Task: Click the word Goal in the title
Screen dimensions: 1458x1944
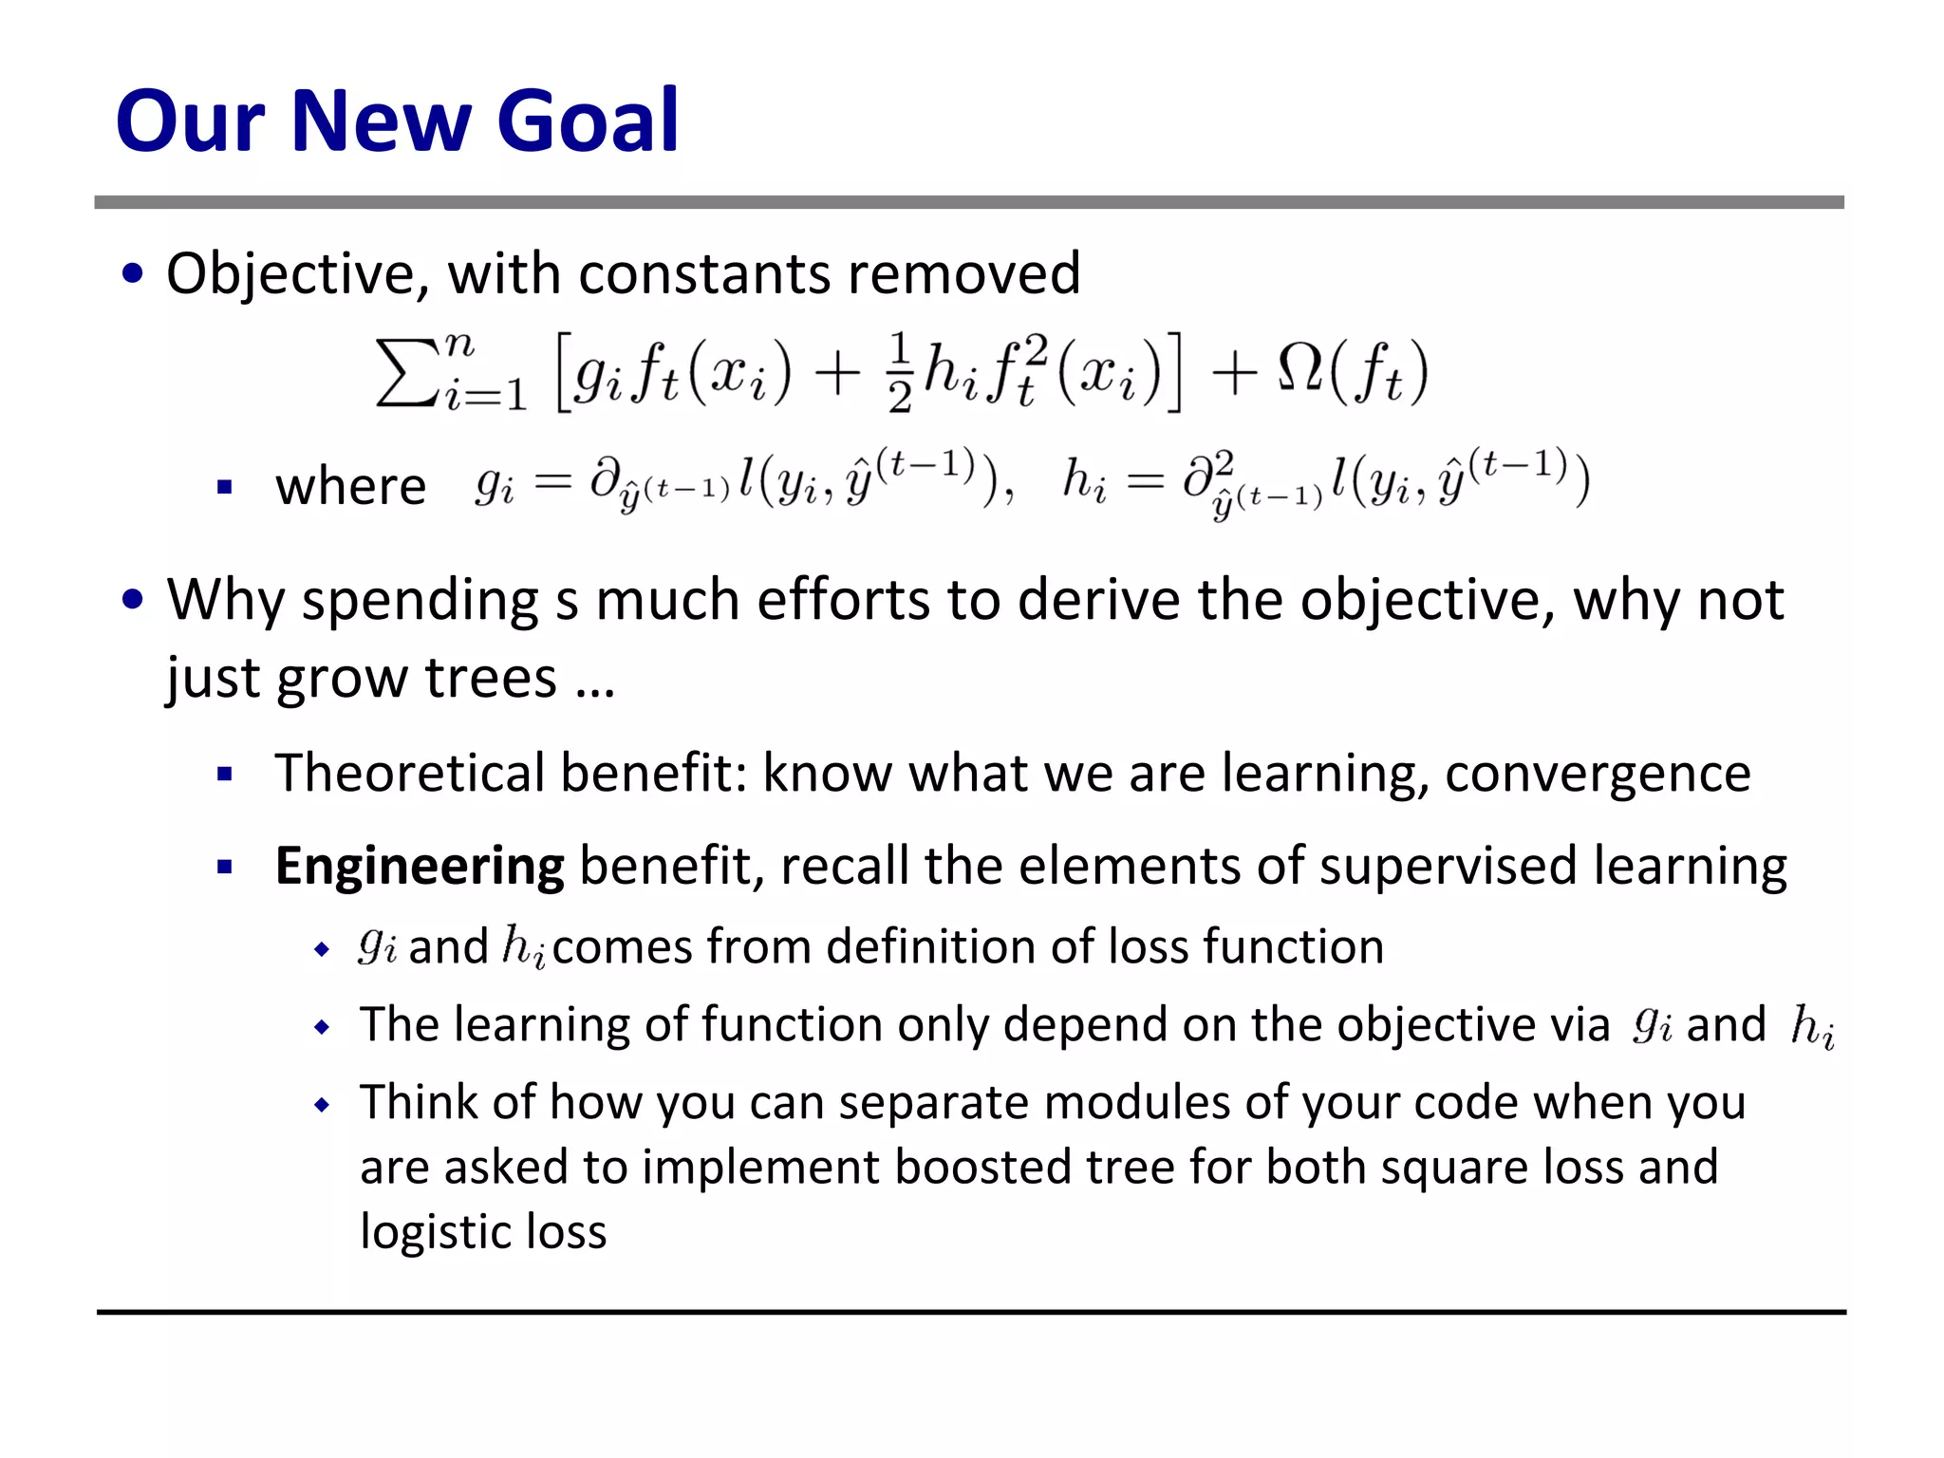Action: click(x=588, y=121)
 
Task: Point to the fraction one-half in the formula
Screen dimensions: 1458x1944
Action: click(x=900, y=372)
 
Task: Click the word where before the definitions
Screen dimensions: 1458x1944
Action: click(x=350, y=487)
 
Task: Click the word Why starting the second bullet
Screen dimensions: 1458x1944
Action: click(x=226, y=600)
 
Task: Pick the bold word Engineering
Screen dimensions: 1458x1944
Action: click(x=420, y=866)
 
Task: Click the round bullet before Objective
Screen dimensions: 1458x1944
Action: click(x=133, y=274)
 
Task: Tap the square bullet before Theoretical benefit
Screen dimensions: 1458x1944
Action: click(x=225, y=775)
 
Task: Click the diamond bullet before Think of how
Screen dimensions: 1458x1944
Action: click(x=323, y=1105)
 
